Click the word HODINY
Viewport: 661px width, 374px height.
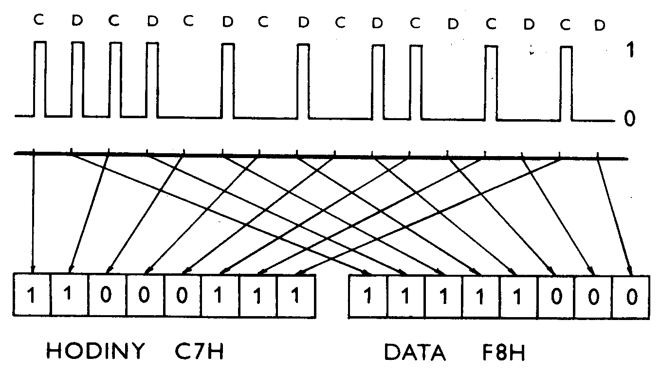tap(95, 351)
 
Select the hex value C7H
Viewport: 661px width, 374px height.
tap(199, 351)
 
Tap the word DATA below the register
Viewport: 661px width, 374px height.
tap(415, 352)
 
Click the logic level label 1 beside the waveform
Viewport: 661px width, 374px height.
tap(630, 51)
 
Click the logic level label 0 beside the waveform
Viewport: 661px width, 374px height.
tap(630, 119)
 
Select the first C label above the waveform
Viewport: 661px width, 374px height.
tap(38, 21)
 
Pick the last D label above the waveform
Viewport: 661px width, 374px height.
tap(600, 24)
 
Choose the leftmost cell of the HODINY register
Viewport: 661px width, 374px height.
tap(31, 296)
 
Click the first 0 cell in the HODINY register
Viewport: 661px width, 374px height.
tap(108, 296)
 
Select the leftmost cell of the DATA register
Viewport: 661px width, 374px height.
tap(368, 296)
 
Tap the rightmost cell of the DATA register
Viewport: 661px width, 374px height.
tap(631, 296)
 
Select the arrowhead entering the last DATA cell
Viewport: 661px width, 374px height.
tap(630, 270)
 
